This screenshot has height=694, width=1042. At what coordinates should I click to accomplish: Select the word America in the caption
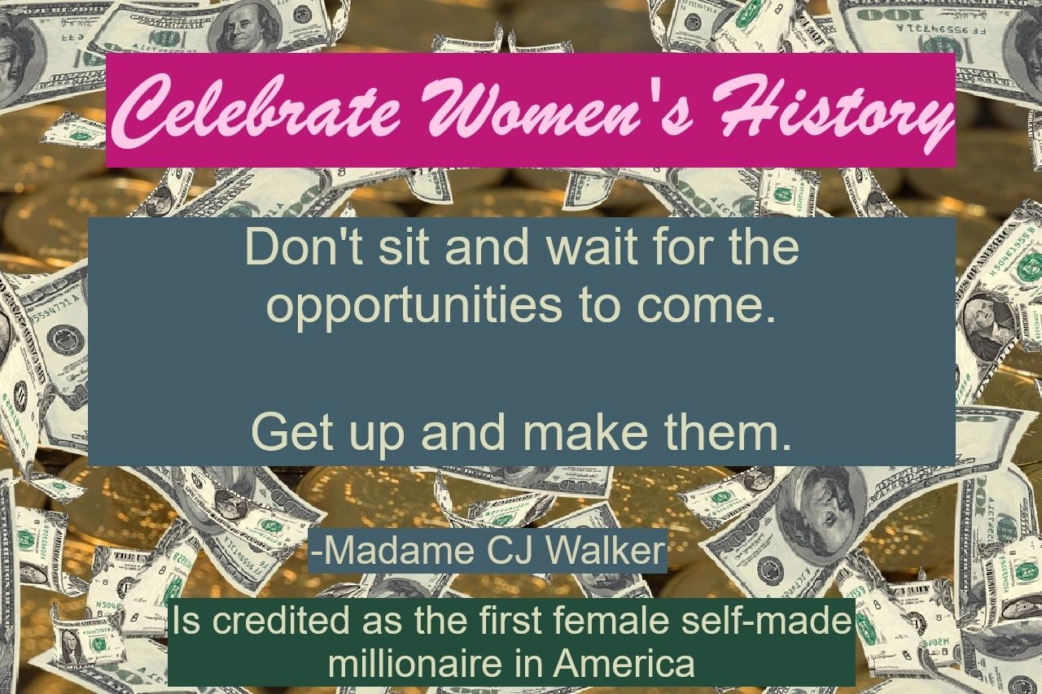pos(624,664)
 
